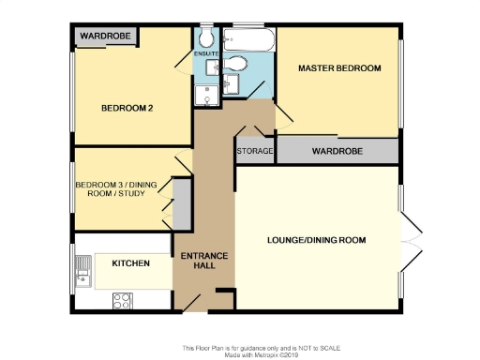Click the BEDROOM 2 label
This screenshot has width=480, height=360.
[127, 108]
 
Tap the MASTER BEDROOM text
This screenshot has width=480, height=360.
[339, 68]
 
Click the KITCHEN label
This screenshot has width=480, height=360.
[130, 263]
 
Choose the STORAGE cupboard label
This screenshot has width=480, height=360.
[254, 151]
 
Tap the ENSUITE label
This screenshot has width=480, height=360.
[206, 54]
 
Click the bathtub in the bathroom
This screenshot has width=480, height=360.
[249, 40]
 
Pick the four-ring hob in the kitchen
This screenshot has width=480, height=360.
[123, 301]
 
